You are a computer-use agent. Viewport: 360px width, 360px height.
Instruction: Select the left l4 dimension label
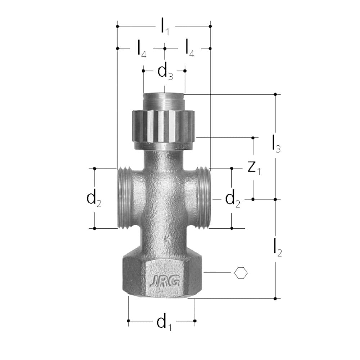141,49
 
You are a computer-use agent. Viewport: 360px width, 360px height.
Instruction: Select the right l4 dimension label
189,49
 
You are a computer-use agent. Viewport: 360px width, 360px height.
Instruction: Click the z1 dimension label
254,168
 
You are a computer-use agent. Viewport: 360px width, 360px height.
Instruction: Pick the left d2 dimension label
94,199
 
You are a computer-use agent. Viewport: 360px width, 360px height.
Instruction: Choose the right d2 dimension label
233,199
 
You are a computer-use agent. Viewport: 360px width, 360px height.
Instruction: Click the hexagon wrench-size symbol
241,273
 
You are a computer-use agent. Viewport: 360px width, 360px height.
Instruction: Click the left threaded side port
125,198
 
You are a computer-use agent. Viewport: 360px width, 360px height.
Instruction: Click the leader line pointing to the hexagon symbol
218,273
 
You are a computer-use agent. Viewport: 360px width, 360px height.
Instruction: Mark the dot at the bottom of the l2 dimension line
275,298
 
